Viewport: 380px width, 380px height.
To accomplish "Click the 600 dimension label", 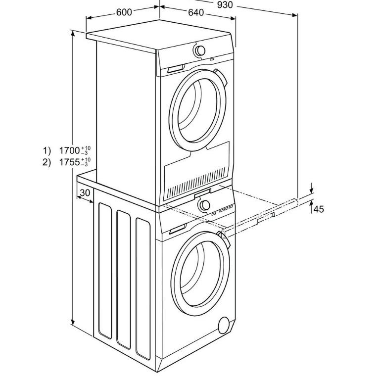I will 124,12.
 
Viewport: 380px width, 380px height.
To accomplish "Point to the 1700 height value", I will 69,150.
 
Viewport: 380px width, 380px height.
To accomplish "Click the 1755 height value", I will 69,162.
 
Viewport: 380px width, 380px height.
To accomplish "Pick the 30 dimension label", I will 85,192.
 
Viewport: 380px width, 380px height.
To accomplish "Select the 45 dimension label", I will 319,209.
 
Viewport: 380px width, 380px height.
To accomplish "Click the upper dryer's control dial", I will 200,50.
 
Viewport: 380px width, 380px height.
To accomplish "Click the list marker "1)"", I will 47,150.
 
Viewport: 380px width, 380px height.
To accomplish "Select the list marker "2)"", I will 47,162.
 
